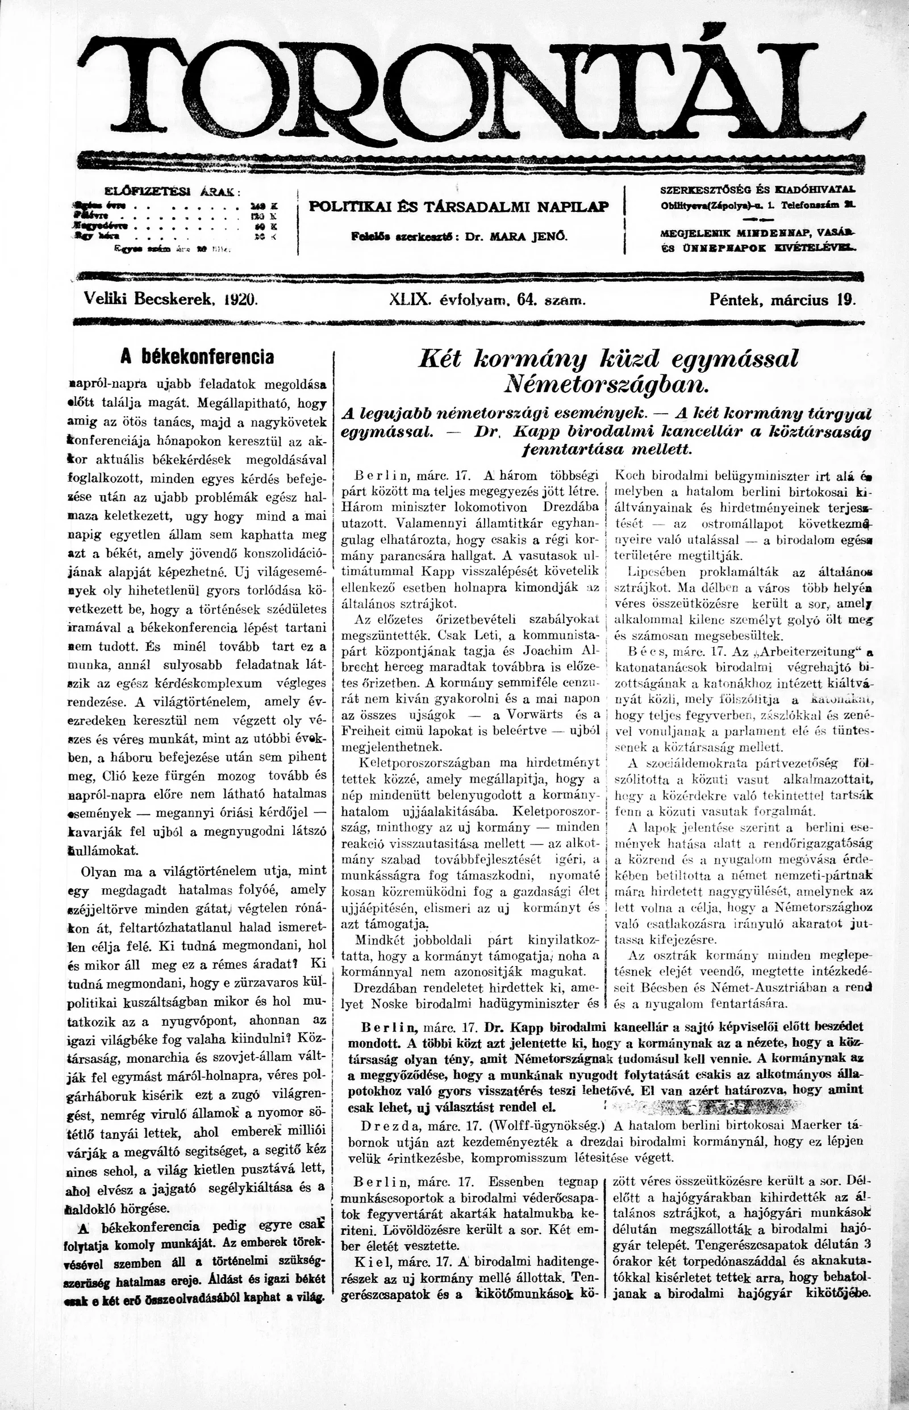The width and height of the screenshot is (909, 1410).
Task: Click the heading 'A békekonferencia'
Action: point(197,357)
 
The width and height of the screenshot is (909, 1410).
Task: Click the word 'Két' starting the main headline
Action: point(439,359)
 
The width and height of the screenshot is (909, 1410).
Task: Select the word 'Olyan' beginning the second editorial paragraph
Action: point(104,871)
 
